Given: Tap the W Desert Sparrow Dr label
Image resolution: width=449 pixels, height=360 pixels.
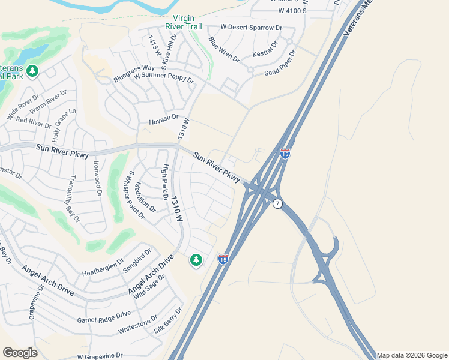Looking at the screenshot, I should coord(251,28).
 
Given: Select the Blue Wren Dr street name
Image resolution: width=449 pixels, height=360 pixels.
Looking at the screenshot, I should coord(223,50).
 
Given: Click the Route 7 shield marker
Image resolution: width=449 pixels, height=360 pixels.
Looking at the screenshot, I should coord(277,204).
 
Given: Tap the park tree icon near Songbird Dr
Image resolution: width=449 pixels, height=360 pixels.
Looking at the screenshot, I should coord(196,260).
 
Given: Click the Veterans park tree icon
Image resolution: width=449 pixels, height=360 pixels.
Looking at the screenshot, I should coord(32,71).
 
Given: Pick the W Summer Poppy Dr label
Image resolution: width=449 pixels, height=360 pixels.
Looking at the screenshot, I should coord(164,78).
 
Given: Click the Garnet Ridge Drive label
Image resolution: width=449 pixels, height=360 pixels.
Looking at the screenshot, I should coord(104,317).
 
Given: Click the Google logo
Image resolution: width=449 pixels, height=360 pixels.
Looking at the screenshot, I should coord(20,353).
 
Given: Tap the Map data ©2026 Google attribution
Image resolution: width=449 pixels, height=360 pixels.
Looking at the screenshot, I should coord(412,355).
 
